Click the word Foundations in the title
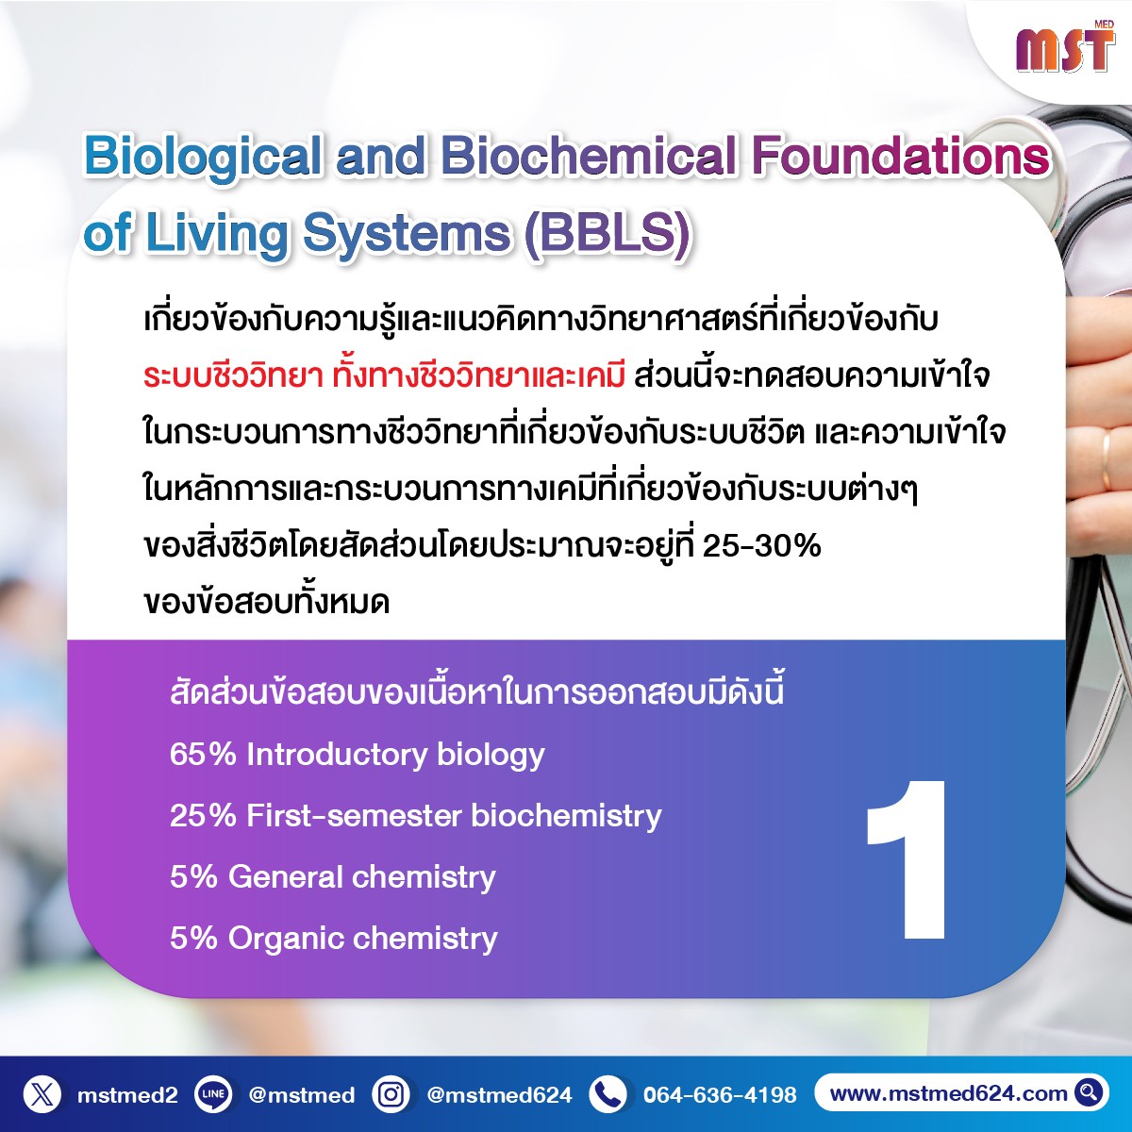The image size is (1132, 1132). coord(900,157)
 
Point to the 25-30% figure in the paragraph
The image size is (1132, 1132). coord(761,546)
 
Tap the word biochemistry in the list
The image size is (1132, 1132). coord(566,815)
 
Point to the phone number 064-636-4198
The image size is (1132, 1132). coord(720,1094)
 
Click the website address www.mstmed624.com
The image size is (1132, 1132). coord(948,1093)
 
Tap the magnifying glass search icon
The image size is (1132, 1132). coord(1088,1092)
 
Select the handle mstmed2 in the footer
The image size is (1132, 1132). coord(127,1095)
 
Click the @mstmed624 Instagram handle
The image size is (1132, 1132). coord(499,1094)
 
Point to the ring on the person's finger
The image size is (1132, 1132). coord(1107,461)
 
